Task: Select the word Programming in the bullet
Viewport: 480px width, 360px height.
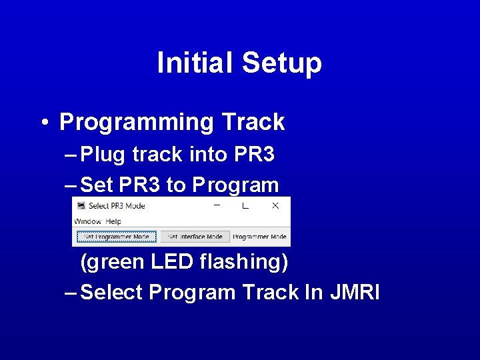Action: click(x=135, y=123)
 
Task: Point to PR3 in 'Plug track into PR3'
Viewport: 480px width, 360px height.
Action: click(x=255, y=154)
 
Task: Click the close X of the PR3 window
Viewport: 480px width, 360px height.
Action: click(x=275, y=206)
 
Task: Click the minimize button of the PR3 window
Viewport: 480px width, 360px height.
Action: click(x=217, y=206)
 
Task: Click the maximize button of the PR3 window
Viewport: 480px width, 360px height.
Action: click(x=245, y=206)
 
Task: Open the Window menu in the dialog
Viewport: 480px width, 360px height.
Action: click(x=87, y=221)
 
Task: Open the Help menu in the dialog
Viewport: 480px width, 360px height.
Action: click(x=113, y=221)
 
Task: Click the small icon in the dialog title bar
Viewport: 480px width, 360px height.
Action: click(x=81, y=206)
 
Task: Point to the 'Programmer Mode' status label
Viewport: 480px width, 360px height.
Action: click(x=260, y=237)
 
